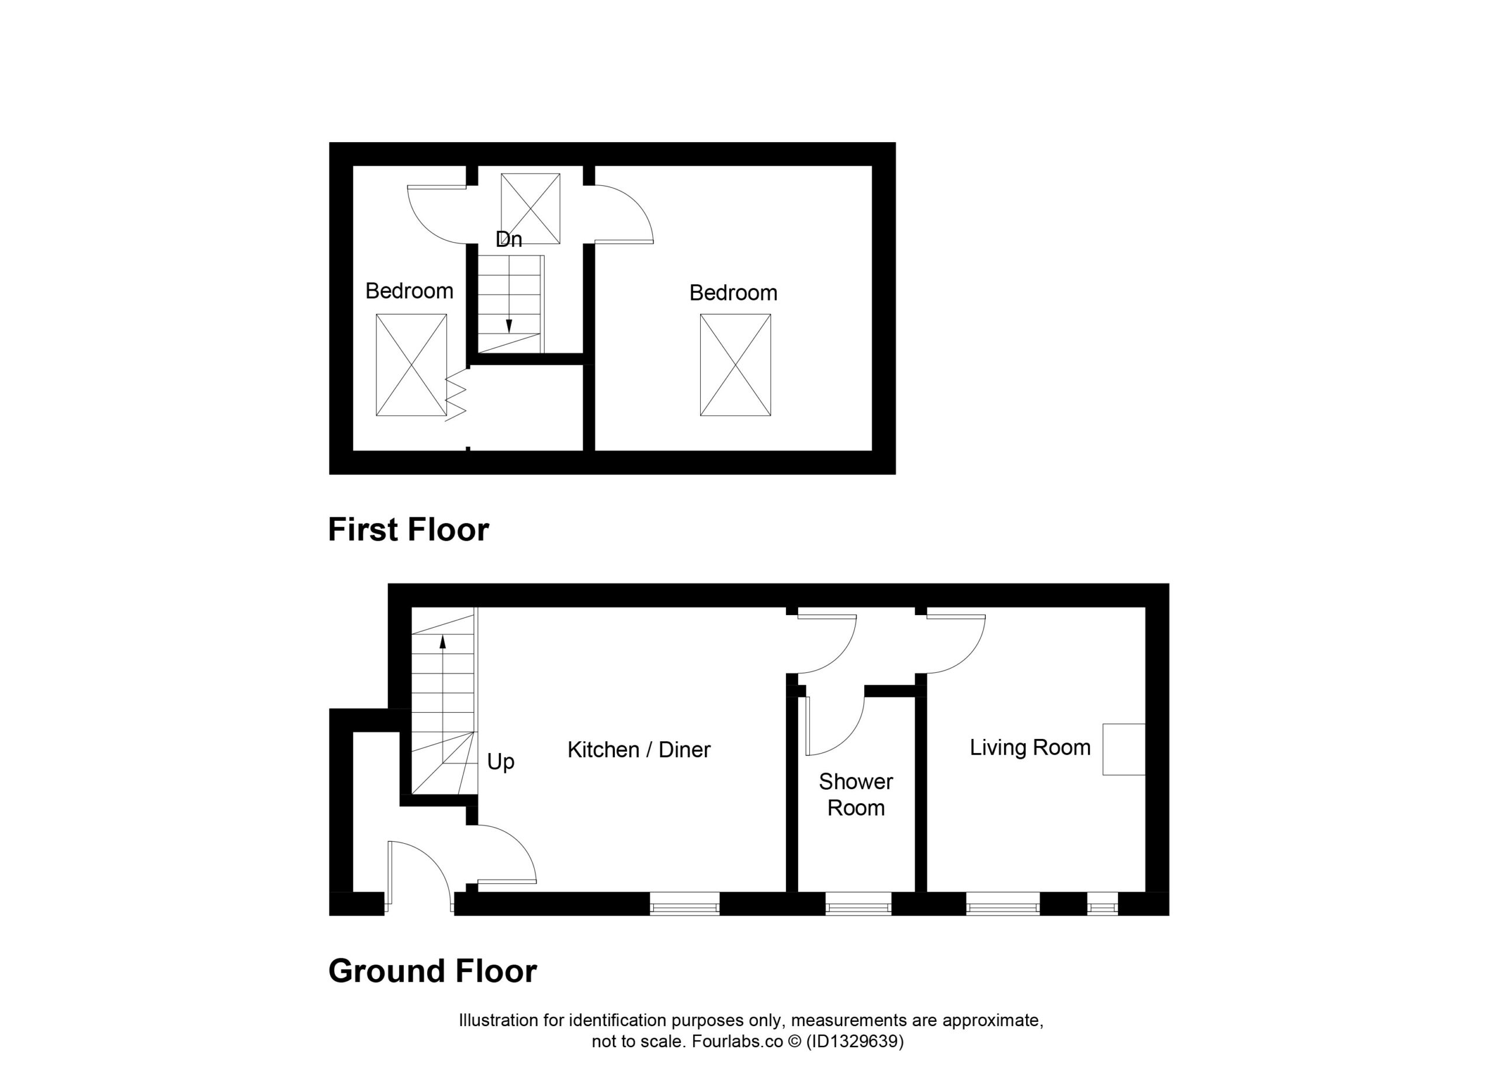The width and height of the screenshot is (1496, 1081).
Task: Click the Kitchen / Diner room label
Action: point(639,750)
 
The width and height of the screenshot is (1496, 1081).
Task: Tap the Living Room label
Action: point(1030,747)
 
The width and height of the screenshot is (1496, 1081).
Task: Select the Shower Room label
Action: point(856,795)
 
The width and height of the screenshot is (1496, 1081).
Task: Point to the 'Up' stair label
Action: point(501,762)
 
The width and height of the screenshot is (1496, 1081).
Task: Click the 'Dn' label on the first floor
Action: point(508,239)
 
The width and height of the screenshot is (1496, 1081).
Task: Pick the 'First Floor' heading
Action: point(408,529)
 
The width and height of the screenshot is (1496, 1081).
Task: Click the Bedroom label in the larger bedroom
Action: point(733,292)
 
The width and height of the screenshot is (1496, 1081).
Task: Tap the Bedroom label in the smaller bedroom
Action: point(409,291)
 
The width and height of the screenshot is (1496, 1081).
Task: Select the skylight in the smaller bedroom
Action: point(411,365)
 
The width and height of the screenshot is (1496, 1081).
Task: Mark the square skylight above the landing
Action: point(531,209)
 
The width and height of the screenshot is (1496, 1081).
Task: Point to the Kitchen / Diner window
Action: point(684,904)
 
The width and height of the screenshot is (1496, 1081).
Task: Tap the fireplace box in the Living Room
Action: point(1124,749)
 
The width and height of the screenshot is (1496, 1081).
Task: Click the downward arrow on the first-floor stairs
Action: point(508,294)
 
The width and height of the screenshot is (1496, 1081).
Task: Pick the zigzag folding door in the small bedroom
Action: point(456,395)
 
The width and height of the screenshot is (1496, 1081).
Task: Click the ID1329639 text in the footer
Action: point(855,1041)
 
